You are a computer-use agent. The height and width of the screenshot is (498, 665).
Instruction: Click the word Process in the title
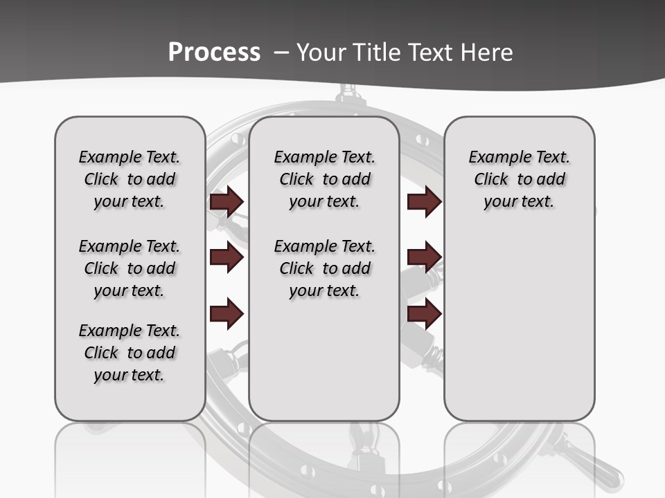(214, 52)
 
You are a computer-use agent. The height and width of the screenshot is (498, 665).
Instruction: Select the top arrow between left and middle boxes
(227, 201)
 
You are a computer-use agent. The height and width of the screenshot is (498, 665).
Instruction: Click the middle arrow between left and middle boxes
(227, 258)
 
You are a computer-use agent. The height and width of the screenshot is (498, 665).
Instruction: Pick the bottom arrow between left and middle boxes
(227, 313)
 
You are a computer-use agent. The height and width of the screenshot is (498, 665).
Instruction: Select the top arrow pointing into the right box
(424, 201)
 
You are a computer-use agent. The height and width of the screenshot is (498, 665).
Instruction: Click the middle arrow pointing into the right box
(424, 257)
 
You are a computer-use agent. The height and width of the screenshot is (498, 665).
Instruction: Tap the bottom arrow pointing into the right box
(424, 313)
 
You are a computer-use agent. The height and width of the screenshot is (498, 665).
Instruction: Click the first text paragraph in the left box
(130, 179)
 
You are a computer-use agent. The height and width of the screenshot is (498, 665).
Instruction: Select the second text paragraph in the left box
(130, 268)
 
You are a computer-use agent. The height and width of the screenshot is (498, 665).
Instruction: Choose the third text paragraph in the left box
(130, 353)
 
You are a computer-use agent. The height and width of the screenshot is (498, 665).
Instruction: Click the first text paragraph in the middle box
(324, 179)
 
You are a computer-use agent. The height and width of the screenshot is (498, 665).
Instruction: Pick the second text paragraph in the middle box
(324, 268)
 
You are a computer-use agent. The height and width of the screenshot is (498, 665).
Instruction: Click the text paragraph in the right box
(519, 179)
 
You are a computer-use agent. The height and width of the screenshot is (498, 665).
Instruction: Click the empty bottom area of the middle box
(324, 367)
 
